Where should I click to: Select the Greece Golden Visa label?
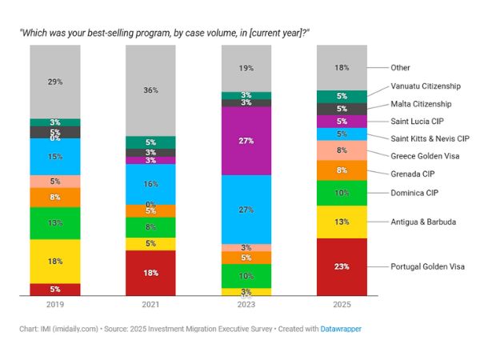(x=423, y=156)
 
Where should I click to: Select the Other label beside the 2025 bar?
(x=400, y=68)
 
